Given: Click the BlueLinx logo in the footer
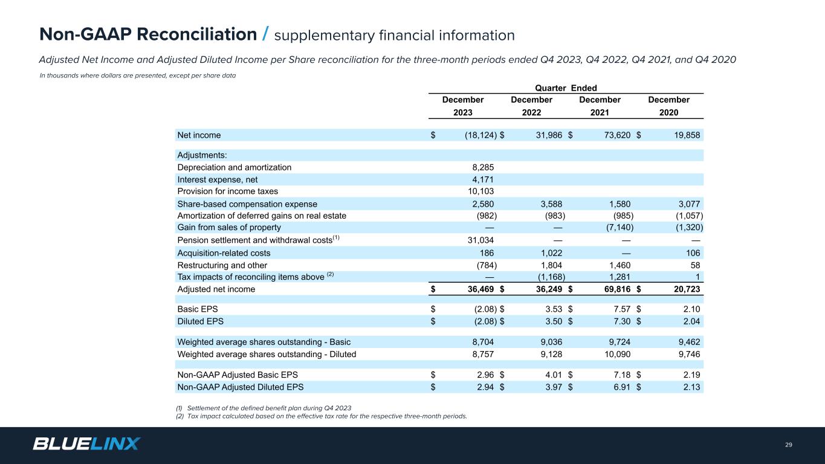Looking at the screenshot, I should point(86,444).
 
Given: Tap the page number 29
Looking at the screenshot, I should point(788,445).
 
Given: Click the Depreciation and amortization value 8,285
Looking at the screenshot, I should point(482,167).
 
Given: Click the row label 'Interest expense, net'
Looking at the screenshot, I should point(218,179).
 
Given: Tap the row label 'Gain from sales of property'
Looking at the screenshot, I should point(229,228).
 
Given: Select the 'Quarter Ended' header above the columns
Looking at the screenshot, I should point(566,88).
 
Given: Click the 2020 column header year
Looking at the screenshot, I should point(668,112).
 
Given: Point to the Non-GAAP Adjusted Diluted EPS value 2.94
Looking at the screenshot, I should point(485,387).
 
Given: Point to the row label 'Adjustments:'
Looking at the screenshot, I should point(202,155).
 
